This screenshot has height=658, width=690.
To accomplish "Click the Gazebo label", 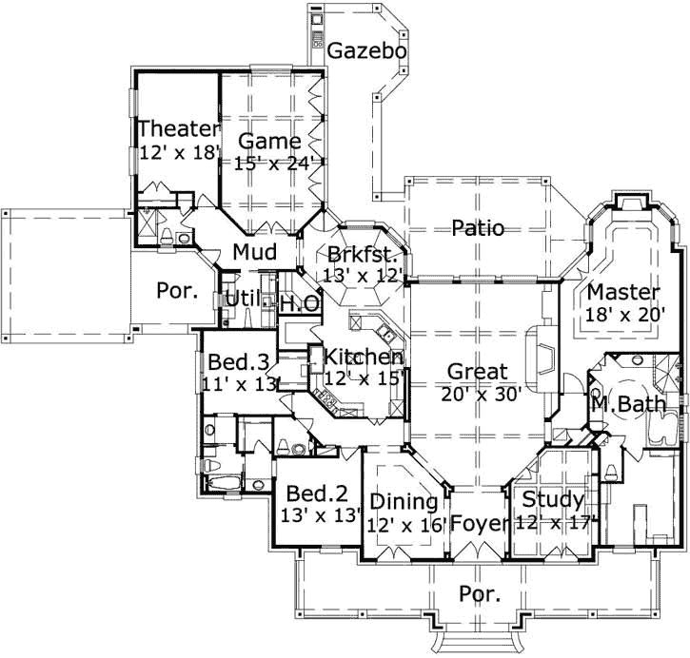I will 367,50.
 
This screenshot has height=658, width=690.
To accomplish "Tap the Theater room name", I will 179,128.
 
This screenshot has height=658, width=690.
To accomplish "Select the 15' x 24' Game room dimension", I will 276,163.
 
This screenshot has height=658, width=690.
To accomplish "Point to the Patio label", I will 478,228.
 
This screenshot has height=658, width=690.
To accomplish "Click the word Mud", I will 254,253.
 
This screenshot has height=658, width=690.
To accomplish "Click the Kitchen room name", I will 363,358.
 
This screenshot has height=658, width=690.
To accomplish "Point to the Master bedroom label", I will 623,291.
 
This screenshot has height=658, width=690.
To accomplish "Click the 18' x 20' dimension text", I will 623,313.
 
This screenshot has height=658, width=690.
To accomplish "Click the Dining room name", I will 404,501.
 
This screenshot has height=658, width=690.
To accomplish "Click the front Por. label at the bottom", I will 480,595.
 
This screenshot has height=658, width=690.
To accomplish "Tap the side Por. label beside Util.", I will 177,291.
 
